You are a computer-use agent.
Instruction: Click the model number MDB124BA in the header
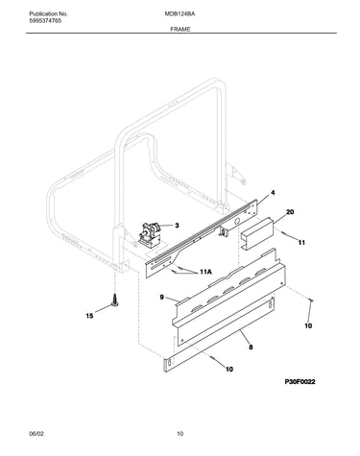tap(180, 14)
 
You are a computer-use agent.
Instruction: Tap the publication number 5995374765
tap(45, 21)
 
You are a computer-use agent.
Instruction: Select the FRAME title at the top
tap(180, 29)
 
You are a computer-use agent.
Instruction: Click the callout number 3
tap(177, 226)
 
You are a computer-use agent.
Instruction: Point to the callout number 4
tap(273, 193)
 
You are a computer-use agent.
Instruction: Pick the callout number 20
tap(290, 212)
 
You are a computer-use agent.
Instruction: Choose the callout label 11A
tap(205, 272)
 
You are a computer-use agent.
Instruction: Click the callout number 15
tap(89, 316)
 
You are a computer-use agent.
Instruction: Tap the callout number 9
tap(161, 298)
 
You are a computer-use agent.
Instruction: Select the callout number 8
tap(251, 347)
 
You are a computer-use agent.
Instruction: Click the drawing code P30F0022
tap(300, 382)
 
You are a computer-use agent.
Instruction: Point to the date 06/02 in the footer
tap(36, 434)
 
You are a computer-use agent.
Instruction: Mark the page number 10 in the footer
tap(180, 434)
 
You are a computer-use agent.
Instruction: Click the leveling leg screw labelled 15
tap(114, 300)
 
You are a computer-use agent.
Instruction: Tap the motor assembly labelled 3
tap(149, 235)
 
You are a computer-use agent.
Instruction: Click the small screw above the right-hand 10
tap(311, 300)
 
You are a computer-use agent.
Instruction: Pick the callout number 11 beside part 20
tap(301, 243)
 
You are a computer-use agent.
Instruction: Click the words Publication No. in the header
tap(48, 14)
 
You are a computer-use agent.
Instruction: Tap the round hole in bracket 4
tap(237, 221)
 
